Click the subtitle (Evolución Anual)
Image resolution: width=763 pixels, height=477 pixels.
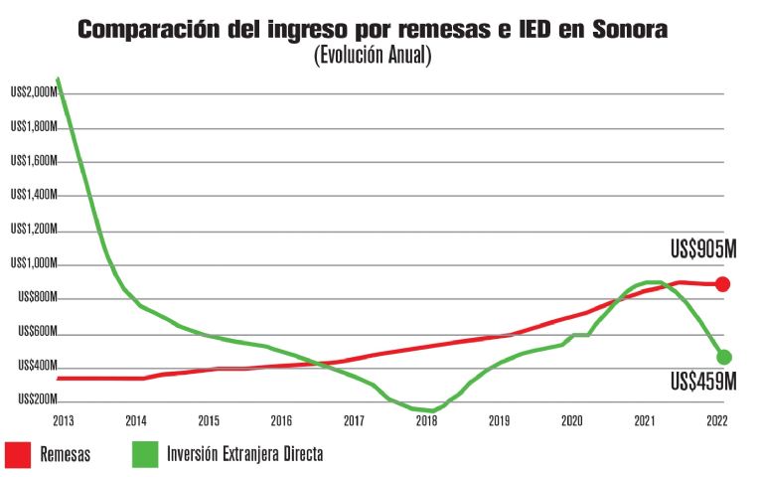[373, 56]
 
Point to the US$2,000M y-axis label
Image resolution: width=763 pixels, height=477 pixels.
[32, 92]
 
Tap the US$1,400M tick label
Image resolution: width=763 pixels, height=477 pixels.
[32, 195]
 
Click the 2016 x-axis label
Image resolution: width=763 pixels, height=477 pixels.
[281, 420]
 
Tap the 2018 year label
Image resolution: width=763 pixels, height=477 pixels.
[426, 420]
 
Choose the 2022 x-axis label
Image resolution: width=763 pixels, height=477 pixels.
[717, 420]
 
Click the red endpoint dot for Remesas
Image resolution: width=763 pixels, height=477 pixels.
[723, 284]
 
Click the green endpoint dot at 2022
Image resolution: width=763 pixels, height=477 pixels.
[724, 357]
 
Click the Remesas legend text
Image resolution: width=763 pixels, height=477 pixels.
[66, 454]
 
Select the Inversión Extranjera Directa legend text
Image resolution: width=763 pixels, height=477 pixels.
[246, 454]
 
